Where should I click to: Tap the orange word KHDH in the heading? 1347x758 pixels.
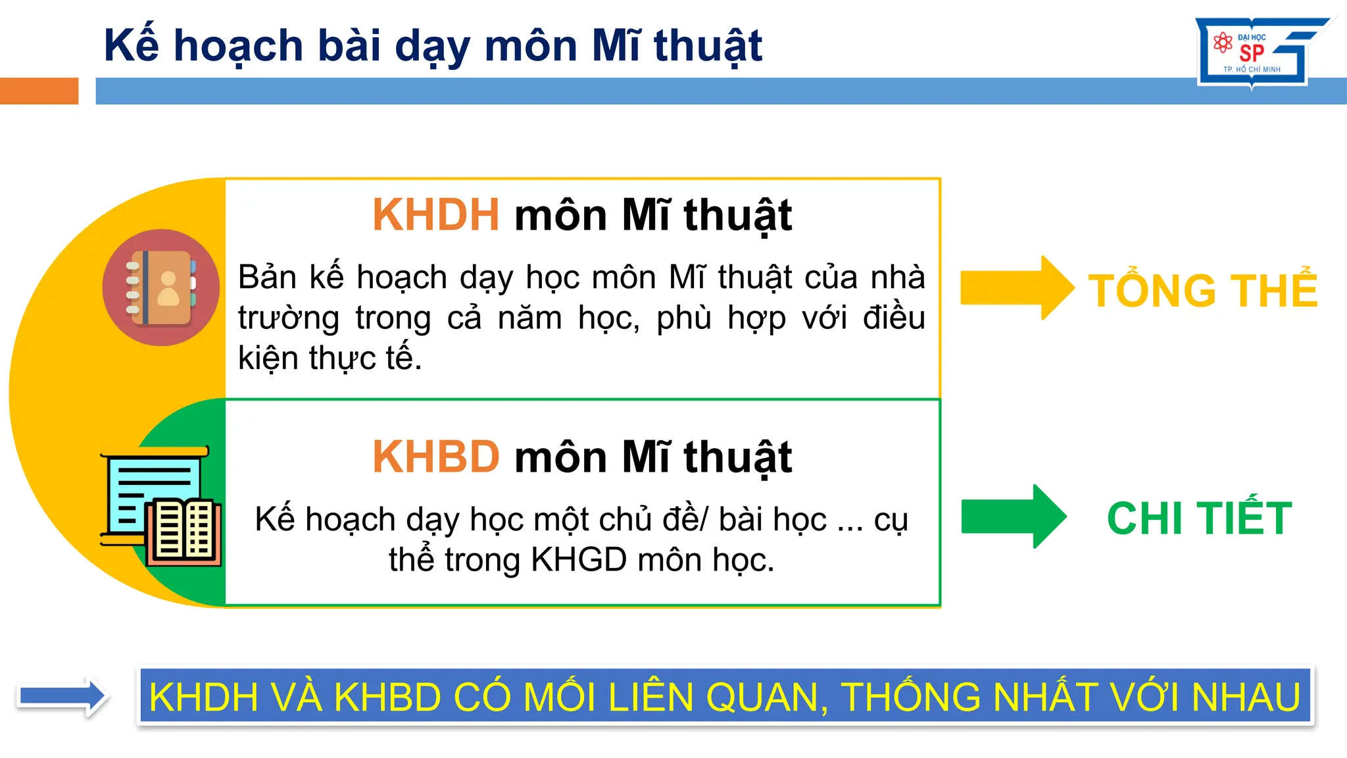pos(435,215)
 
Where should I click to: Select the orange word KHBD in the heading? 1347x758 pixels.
pos(435,457)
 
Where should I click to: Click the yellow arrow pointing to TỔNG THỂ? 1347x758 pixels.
pos(1016,288)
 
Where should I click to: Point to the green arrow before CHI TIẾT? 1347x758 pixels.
pos(1013,517)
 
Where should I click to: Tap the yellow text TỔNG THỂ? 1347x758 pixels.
pos(1203,290)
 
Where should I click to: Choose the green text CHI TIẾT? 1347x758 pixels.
pos(1200,518)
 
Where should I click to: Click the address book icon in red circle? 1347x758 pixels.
pos(161,288)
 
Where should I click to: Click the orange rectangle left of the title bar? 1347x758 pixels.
pos(39,91)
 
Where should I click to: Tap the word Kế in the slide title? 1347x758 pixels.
pos(132,46)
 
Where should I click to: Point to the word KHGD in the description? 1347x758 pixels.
pos(579,560)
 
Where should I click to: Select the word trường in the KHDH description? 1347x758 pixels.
pos(289,318)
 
